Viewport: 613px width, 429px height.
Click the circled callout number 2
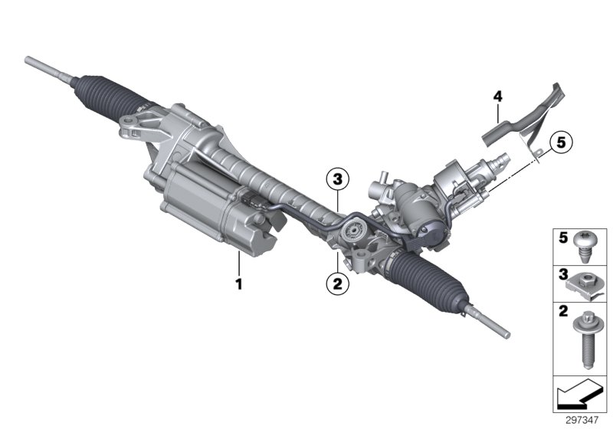click(x=336, y=283)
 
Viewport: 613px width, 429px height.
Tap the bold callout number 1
click(x=239, y=283)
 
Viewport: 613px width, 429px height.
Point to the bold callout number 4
click(x=497, y=97)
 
